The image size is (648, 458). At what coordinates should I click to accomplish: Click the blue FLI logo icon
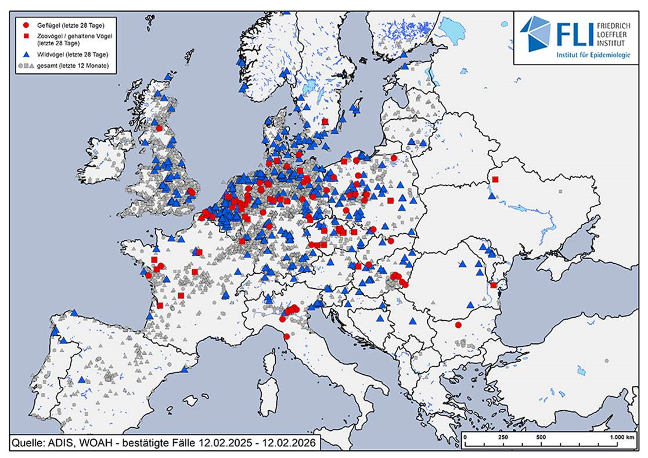535,34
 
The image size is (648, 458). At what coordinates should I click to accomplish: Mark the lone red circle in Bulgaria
458,325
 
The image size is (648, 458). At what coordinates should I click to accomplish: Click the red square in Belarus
495,180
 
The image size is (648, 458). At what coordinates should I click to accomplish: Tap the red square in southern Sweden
325,121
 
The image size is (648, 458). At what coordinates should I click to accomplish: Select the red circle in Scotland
159,128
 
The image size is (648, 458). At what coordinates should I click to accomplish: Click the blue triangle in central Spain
81,380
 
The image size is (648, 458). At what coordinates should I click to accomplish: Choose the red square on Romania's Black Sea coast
493,285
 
